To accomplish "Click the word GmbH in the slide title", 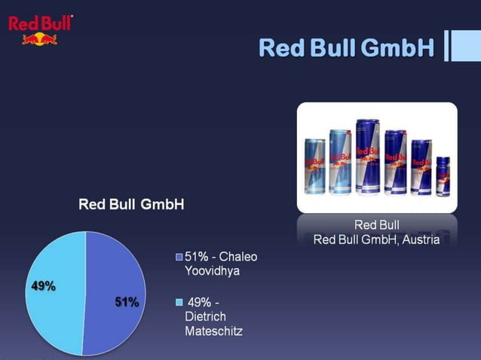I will click(397, 47).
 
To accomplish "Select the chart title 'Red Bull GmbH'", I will click(131, 205).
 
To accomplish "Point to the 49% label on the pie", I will click(43, 286).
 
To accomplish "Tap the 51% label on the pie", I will click(127, 302).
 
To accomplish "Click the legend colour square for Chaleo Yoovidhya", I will click(179, 258).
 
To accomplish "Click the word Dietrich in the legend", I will click(205, 316).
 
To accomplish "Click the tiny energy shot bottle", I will click(443, 175).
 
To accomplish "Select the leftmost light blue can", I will click(314, 166).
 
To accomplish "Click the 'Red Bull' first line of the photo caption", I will click(376, 225).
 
